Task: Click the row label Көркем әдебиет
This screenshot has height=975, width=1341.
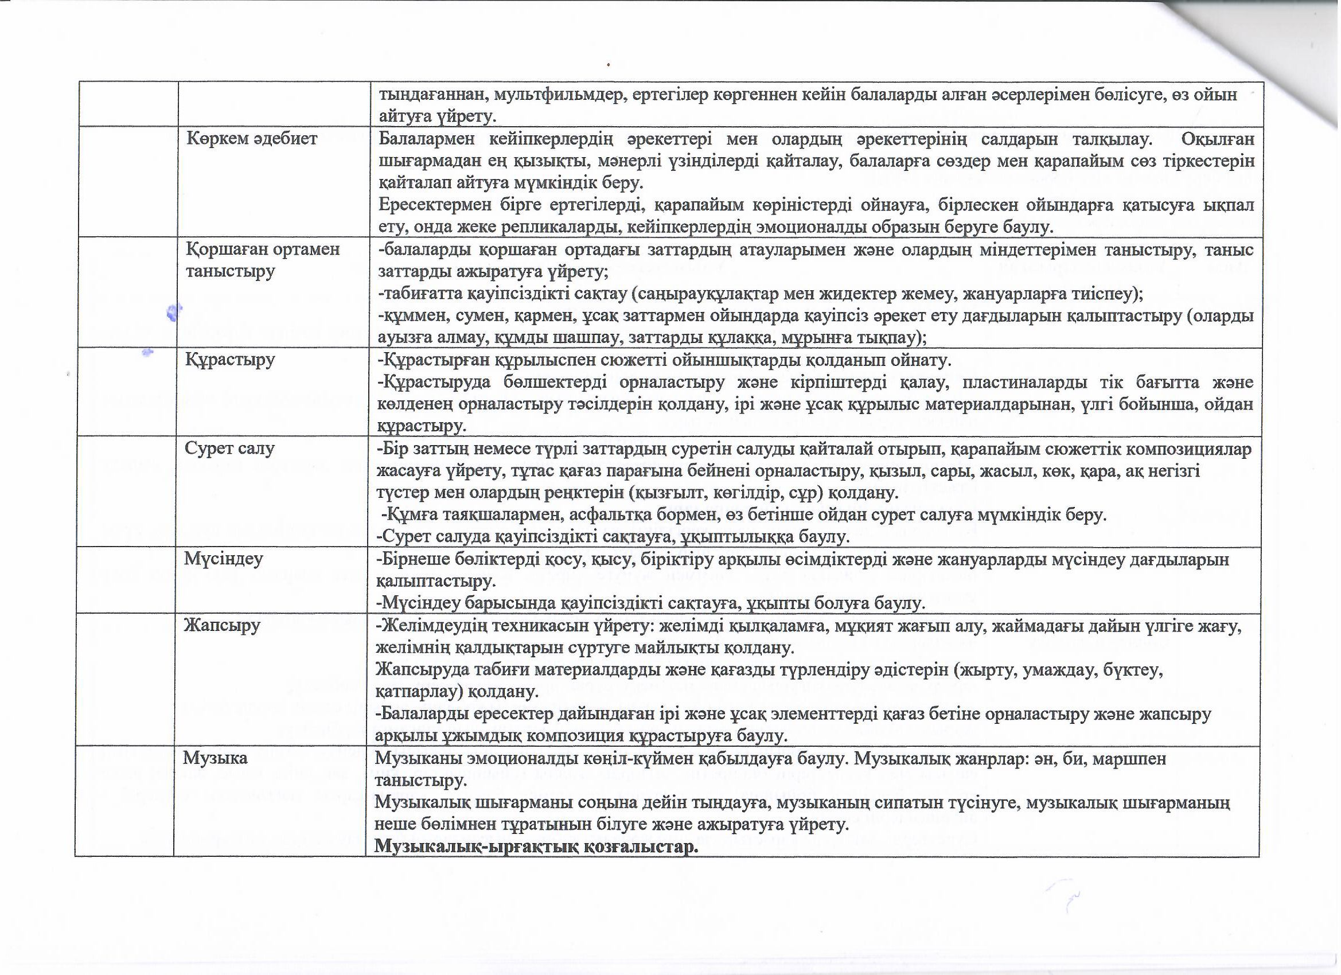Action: (252, 138)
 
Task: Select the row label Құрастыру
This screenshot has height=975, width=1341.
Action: (230, 360)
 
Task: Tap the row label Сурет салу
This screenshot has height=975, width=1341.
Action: (229, 448)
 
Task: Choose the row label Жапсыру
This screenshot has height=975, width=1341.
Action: (222, 625)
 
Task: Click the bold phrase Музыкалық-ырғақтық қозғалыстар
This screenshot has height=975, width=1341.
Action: (536, 846)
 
